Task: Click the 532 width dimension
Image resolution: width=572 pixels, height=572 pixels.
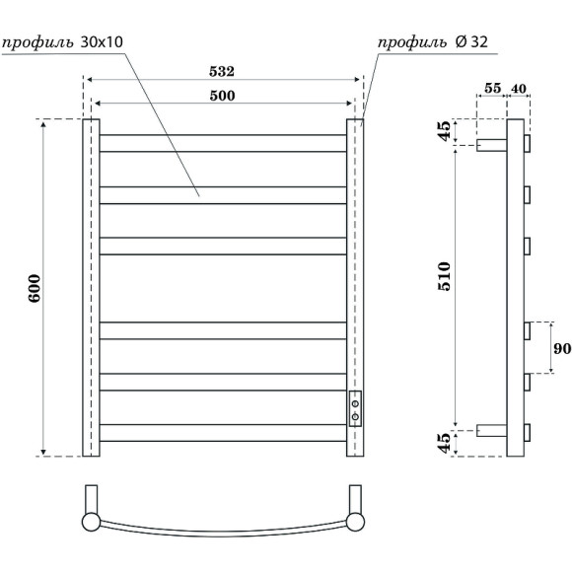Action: (223, 72)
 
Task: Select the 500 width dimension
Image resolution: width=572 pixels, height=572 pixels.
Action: (223, 95)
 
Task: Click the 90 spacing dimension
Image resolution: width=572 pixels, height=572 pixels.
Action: (559, 349)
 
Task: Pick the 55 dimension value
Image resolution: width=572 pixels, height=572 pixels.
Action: (492, 89)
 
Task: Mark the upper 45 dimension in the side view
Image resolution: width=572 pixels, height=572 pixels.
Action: (445, 132)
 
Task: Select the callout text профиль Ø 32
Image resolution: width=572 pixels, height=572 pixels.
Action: (433, 43)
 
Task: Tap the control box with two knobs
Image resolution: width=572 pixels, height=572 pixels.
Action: (355, 406)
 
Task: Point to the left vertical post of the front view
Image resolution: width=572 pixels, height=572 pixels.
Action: (91, 287)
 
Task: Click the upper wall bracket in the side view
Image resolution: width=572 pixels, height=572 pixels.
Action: (491, 144)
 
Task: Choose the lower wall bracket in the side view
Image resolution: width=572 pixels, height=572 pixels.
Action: (491, 430)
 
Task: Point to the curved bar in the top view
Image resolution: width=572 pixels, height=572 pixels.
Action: (223, 533)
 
